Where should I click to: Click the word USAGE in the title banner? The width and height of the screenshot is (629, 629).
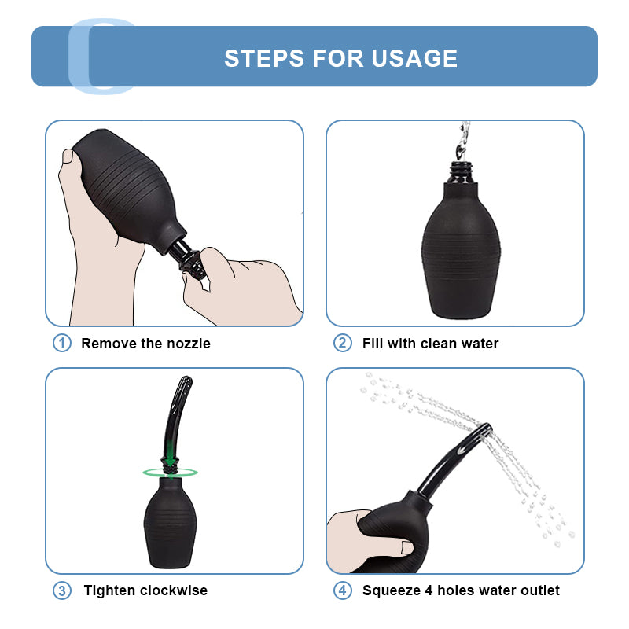point(414,58)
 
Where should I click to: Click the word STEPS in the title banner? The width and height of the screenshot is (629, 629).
point(264,58)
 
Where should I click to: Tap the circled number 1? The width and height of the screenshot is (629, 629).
point(62,343)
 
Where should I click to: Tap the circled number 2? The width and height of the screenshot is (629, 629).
point(342,343)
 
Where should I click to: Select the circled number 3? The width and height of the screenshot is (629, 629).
point(62,590)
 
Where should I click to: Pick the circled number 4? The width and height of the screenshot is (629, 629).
point(342,590)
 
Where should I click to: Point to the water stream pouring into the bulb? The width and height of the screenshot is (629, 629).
point(462,141)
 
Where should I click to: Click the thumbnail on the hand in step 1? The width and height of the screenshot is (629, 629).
point(68,156)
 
